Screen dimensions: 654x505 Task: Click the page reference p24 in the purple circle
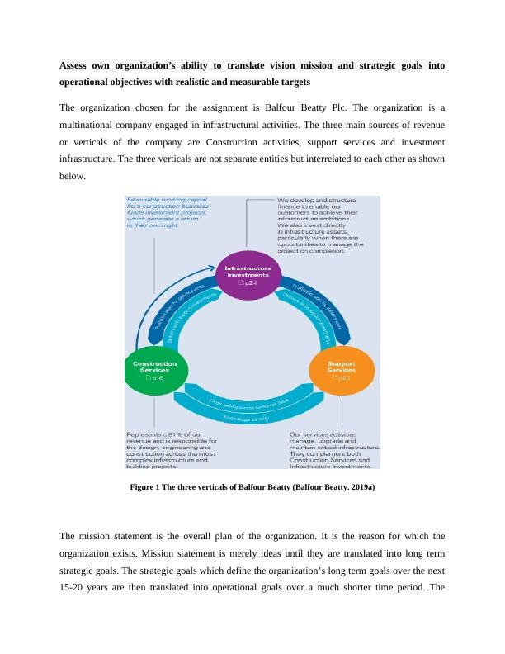[253, 282]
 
